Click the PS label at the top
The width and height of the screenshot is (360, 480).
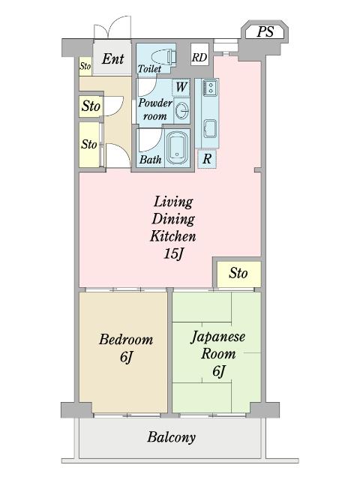tap(265, 31)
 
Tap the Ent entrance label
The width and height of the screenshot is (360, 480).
tap(113, 58)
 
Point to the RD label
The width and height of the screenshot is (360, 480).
tap(199, 57)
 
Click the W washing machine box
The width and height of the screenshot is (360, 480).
tap(181, 86)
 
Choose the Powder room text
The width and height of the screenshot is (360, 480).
tap(155, 109)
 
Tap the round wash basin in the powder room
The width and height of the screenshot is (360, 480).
tap(181, 112)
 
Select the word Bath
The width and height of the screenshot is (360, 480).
tap(150, 160)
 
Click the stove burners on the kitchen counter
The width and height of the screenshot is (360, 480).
tap(210, 88)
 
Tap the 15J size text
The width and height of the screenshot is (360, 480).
tap(174, 253)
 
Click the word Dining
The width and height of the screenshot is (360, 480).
tap(173, 219)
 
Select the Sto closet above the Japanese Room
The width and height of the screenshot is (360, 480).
tap(238, 273)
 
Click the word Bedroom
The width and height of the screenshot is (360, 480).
tap(126, 339)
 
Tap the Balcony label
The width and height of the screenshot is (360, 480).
tap(171, 437)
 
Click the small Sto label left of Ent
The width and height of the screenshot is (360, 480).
tap(85, 67)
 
